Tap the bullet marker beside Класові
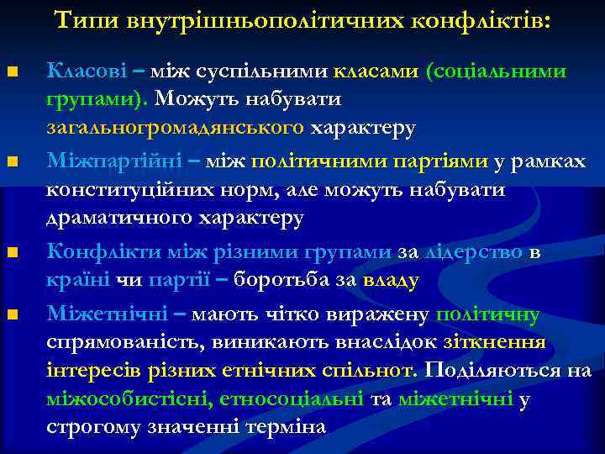click(11, 71)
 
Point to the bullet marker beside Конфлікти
click(11, 252)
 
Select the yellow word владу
click(390, 280)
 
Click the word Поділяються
click(494, 371)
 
